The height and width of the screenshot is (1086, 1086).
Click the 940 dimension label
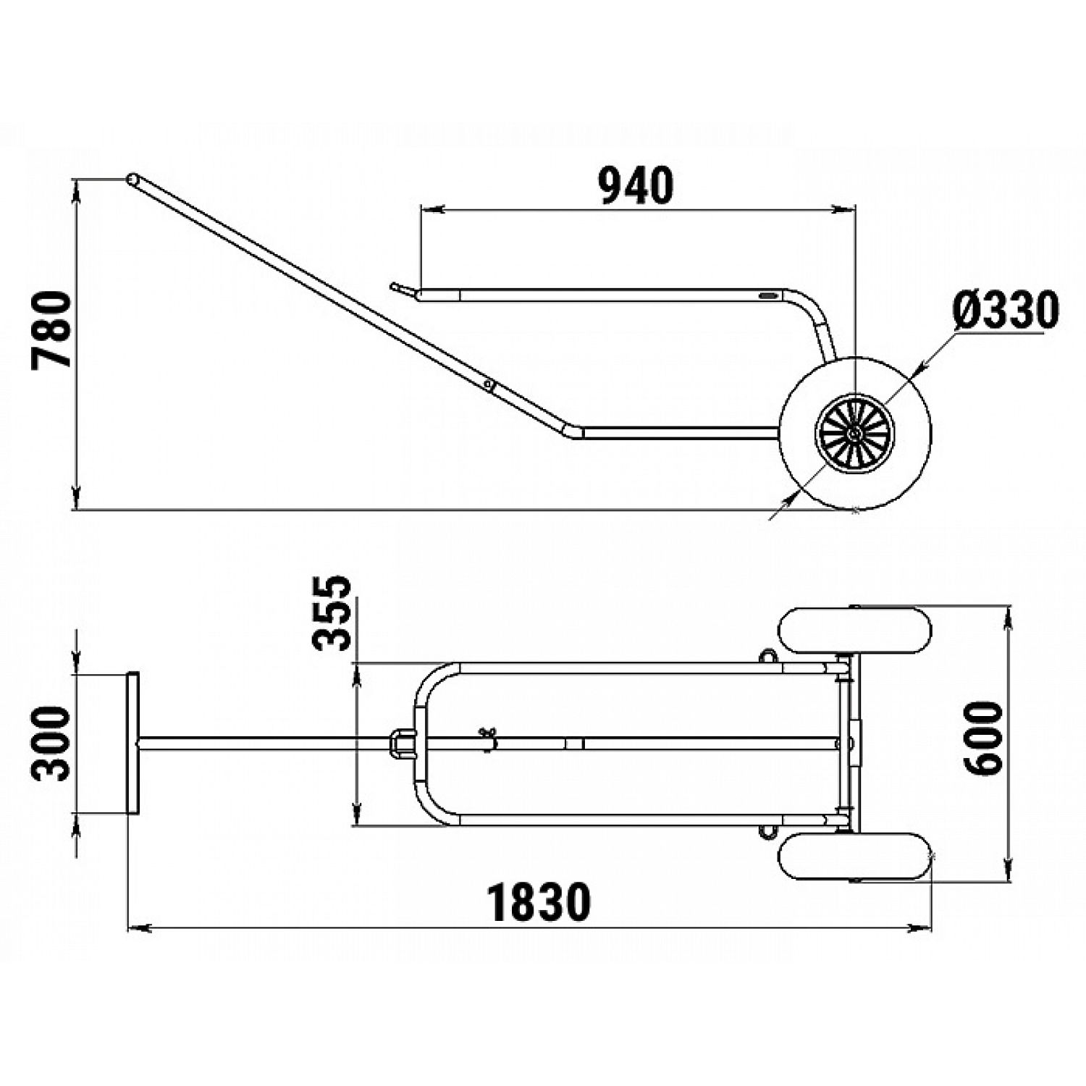(636, 185)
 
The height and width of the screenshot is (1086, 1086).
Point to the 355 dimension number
(332, 613)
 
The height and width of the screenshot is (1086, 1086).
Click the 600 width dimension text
(985, 738)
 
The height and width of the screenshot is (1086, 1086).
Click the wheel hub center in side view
(855, 434)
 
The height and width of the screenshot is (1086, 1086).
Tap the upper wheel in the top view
(855, 631)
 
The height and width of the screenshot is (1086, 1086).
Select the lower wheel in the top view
(855, 857)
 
